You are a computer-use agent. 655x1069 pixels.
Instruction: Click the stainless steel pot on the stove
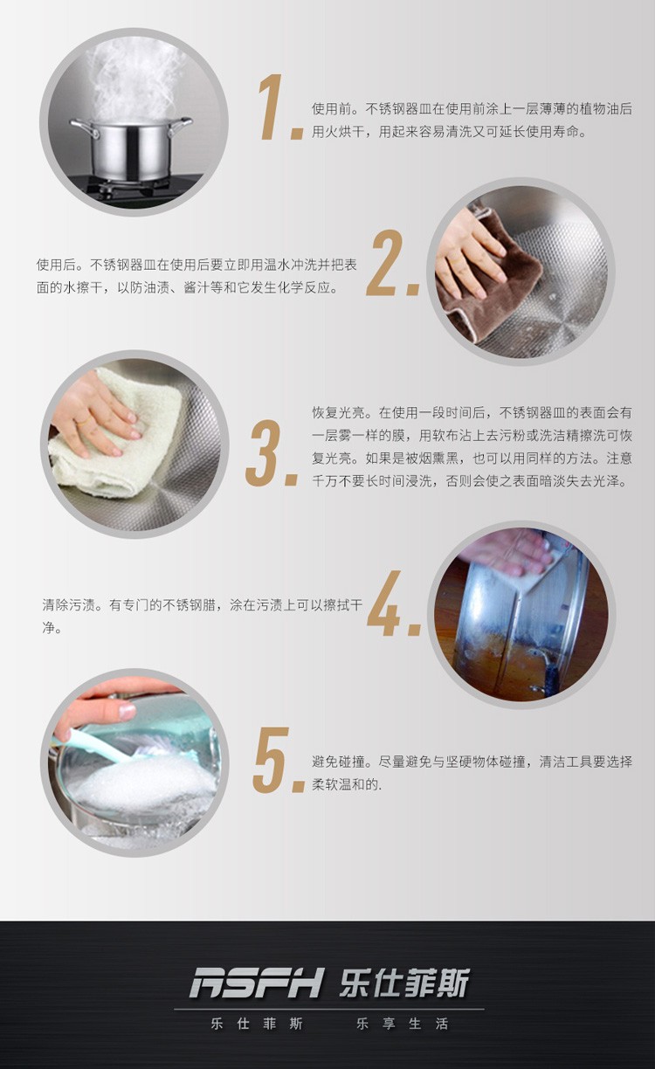[x=131, y=149]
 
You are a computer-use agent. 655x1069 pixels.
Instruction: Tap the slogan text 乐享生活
[x=402, y=1024]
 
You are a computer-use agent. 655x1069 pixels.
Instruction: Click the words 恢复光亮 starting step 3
[x=338, y=412]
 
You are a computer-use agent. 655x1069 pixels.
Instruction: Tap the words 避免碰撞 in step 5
[x=338, y=762]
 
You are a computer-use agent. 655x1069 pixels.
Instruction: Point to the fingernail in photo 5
[x=127, y=712]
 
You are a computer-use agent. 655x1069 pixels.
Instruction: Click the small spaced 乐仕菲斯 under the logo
[x=257, y=1024]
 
